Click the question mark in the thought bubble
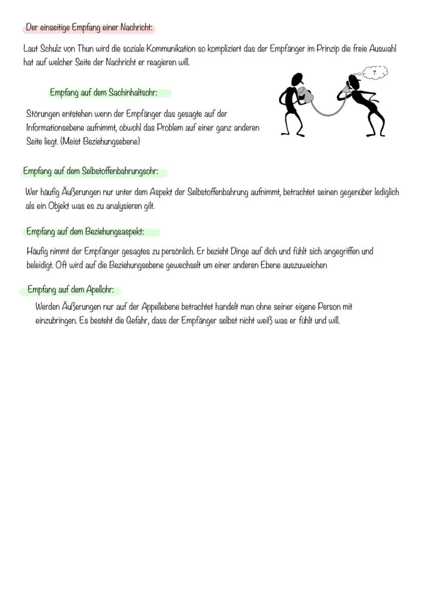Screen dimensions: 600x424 tap(374, 73)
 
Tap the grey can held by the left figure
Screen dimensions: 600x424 tap(307, 96)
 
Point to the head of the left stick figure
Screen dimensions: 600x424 tap(296, 79)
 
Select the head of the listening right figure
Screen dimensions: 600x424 tap(354, 80)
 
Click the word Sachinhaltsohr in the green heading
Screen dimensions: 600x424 tap(133, 93)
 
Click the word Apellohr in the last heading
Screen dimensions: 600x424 tap(103, 289)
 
